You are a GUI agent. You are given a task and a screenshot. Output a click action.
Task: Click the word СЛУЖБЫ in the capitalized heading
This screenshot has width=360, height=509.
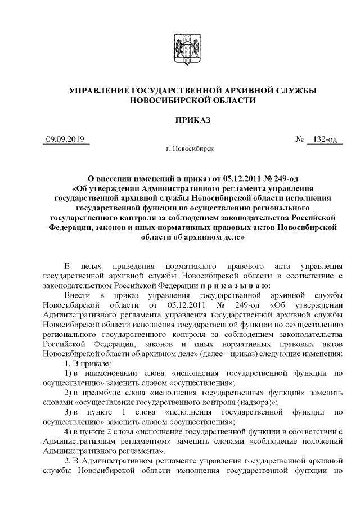click(295, 90)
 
